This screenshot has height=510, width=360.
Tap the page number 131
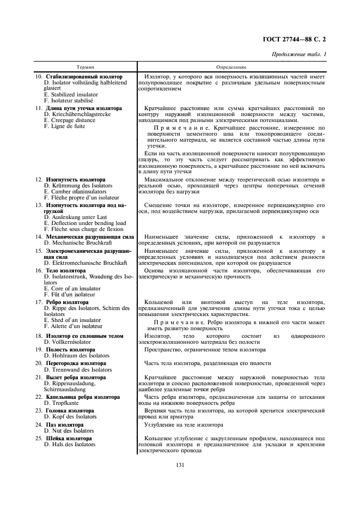[180, 464]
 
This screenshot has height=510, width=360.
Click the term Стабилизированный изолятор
[84, 77]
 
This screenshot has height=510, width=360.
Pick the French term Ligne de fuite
[65, 126]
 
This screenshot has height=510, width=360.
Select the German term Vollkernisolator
[68, 342]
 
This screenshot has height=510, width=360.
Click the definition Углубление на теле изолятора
[184, 424]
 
